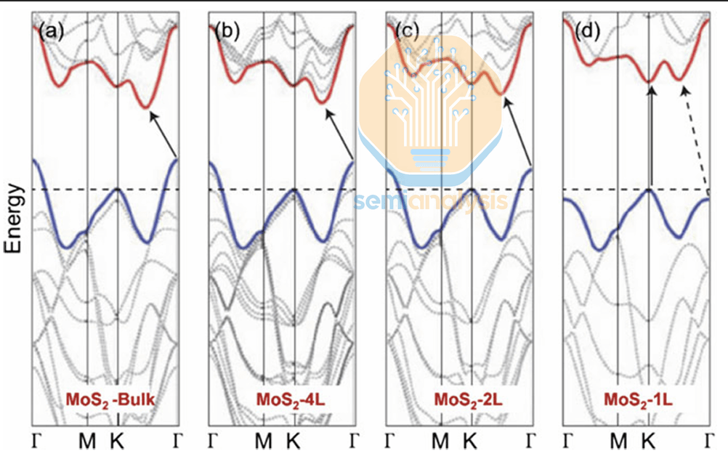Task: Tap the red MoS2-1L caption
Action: [637, 400]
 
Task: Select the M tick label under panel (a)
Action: [87, 441]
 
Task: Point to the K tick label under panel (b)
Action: [293, 441]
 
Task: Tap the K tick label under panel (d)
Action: [648, 441]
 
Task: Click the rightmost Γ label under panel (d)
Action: [709, 441]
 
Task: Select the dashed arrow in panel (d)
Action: [695, 138]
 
